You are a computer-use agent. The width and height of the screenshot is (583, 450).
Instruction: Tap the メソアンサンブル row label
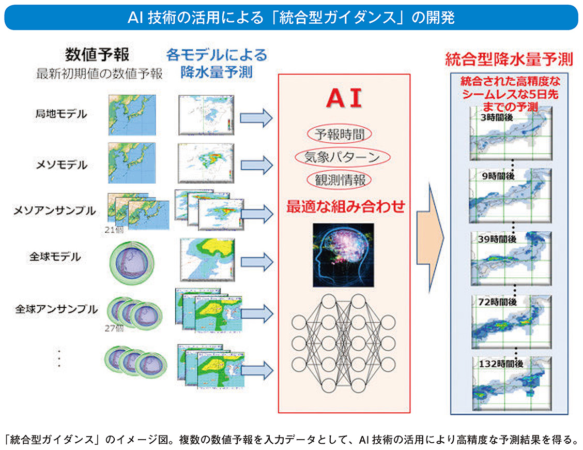click(x=54, y=211)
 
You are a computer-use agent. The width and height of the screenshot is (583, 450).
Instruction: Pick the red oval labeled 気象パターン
click(x=342, y=157)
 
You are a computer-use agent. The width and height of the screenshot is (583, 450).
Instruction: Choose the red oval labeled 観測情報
click(x=340, y=179)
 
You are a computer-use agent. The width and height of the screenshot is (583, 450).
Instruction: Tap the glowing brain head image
click(x=343, y=254)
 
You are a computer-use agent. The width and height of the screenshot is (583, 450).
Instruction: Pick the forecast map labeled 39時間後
click(x=510, y=256)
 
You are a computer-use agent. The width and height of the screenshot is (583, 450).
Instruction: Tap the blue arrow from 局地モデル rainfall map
click(x=256, y=118)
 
